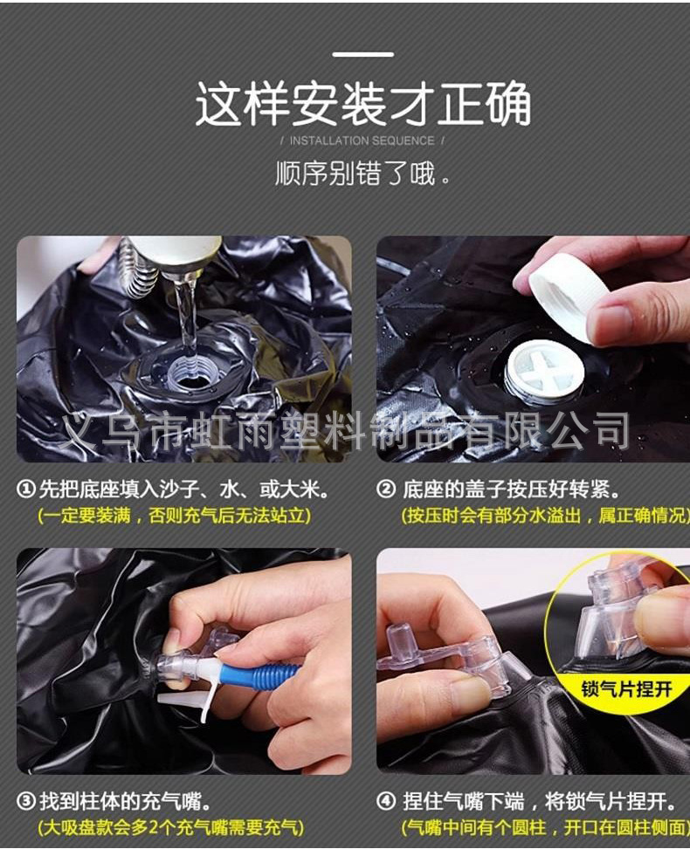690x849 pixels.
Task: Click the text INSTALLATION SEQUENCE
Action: click(x=362, y=140)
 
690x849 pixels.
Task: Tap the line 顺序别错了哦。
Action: click(x=362, y=173)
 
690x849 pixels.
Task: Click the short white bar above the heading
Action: click(x=362, y=55)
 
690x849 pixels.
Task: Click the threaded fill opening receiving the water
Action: click(x=194, y=376)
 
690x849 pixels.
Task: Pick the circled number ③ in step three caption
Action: click(x=26, y=800)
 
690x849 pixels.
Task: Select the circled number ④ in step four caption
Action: click(x=385, y=800)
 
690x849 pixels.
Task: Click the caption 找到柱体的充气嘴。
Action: click(x=124, y=800)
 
